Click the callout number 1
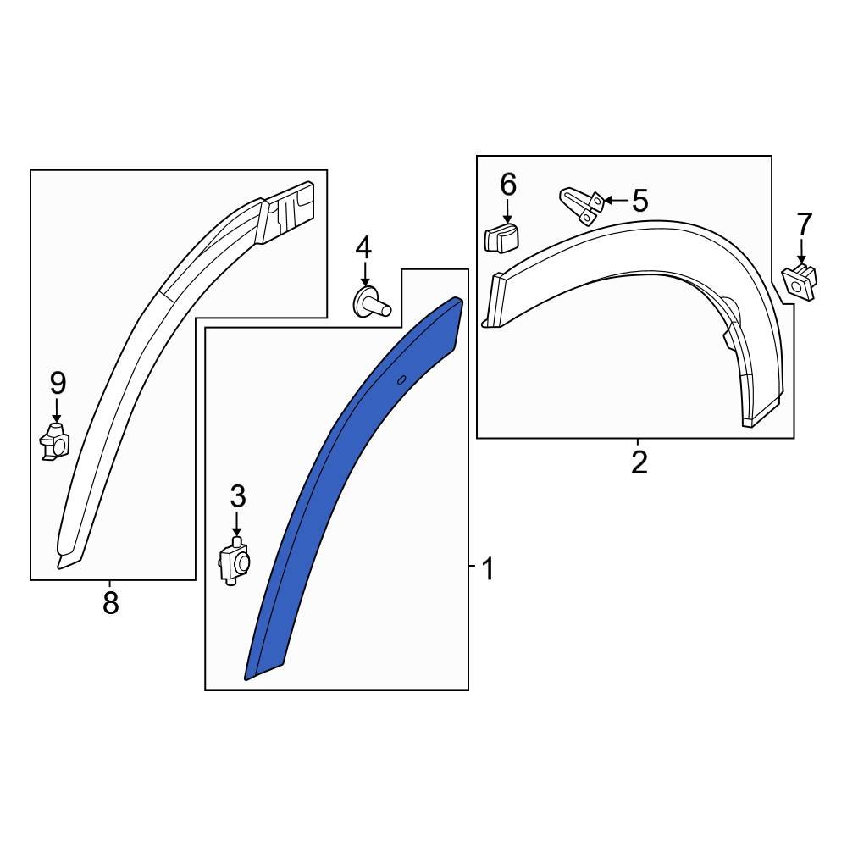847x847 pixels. pos(487,569)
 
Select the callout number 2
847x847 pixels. pos(639,462)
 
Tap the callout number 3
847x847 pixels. pos(237,496)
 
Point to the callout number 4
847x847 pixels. pos(363,248)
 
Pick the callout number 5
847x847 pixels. pos(639,202)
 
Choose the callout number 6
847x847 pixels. pos(507,184)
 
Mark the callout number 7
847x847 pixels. pos(804,224)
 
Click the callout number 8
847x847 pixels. pos(110,603)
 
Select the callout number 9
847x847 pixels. pos(57,384)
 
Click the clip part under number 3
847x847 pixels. pos(235,562)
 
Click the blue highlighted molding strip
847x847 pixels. pos(339,474)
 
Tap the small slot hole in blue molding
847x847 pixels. pos(401,380)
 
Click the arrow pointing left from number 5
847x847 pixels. pos(616,201)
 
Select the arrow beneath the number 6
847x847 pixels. pos(507,210)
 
